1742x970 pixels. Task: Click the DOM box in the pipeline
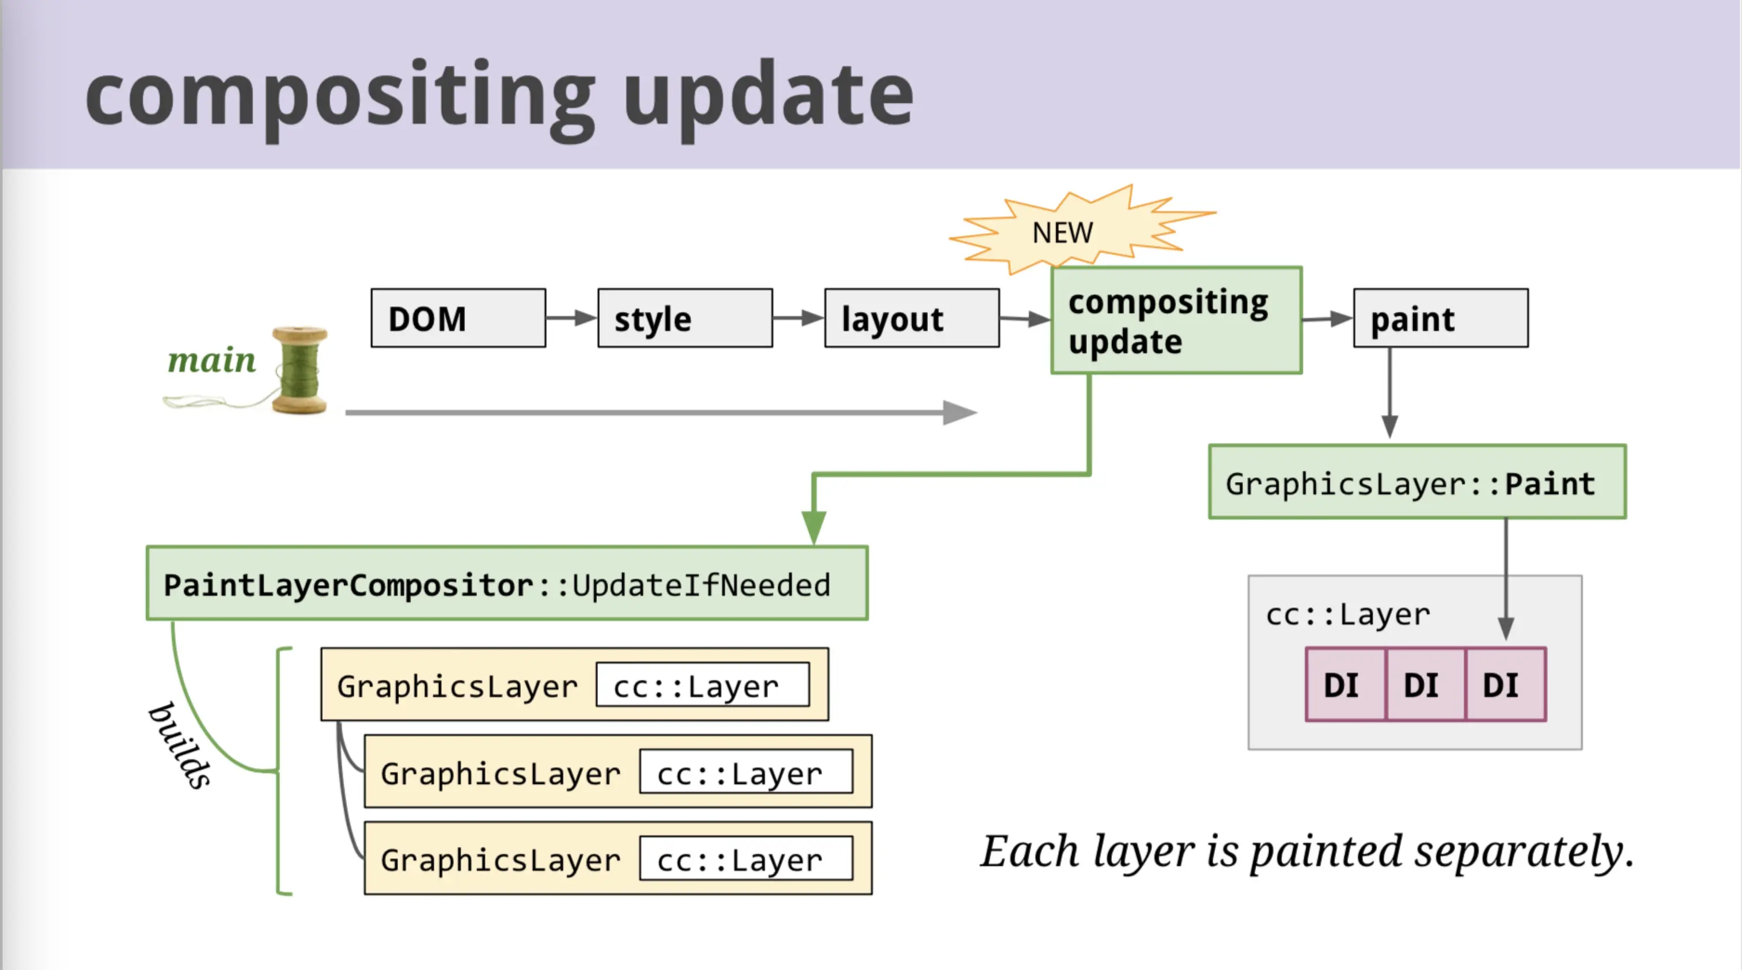pos(459,318)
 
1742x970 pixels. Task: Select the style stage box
pos(685,318)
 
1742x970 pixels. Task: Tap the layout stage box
pos(911,318)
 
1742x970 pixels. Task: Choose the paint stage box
pos(1440,318)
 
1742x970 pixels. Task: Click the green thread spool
pos(300,370)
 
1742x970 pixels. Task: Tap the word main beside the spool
pos(211,360)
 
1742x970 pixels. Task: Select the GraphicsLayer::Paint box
pos(1418,482)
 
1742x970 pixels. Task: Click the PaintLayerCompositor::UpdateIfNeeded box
pos(507,583)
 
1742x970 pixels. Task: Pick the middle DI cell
pos(1426,684)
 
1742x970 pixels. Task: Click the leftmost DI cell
pos(1346,684)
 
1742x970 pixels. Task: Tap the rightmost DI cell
pos(1506,684)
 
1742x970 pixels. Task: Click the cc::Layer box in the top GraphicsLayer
pos(703,684)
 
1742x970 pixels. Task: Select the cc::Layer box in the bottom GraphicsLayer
pos(747,858)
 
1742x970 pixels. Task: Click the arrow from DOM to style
pos(571,318)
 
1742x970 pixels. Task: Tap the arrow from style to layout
pos(798,318)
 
